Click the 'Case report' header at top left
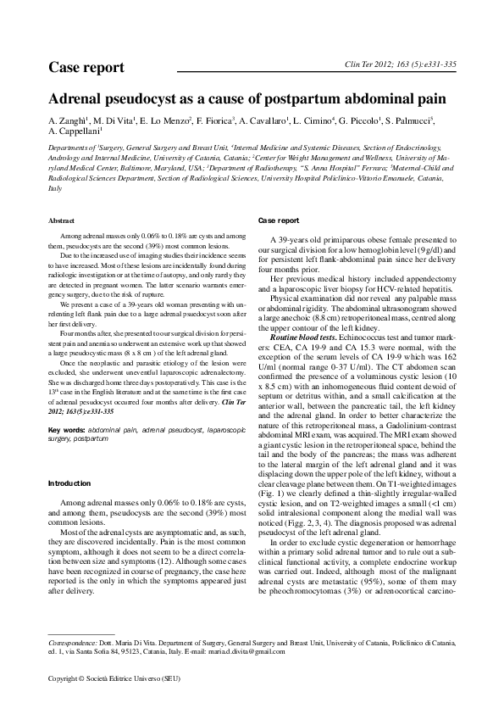(86, 67)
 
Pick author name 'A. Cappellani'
(75, 132)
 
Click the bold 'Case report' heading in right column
(277, 221)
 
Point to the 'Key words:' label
(67, 431)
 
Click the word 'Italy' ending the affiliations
(55, 188)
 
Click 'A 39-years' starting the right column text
(287, 242)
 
